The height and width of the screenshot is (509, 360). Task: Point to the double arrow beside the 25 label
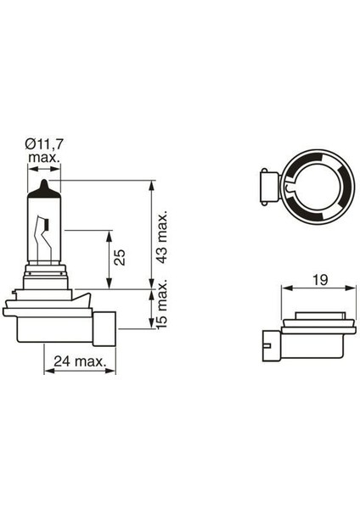coord(109,258)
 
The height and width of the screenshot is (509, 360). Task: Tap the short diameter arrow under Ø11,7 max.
coord(45,169)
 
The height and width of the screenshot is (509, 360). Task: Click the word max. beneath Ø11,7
coord(43,159)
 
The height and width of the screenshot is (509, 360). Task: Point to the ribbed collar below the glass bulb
coord(46,277)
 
